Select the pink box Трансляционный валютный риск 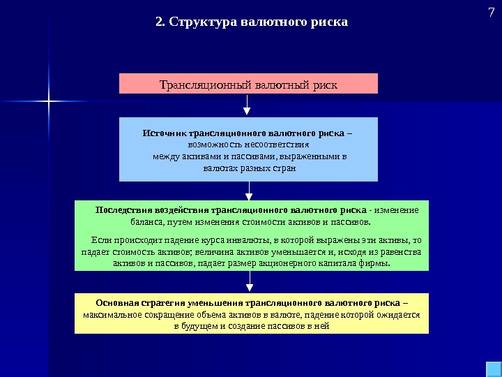tap(248, 84)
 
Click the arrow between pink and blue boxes tap(248, 105)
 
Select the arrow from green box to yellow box tap(250, 282)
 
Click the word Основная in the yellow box tap(112, 303)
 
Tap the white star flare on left tap(50, 102)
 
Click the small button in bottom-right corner tap(490, 368)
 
